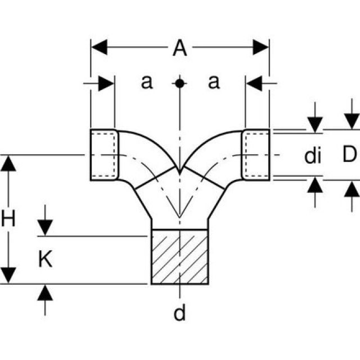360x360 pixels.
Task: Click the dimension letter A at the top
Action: [x=179, y=49]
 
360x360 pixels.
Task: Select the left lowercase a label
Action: [x=146, y=83]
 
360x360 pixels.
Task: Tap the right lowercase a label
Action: [x=213, y=83]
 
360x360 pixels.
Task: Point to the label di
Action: [x=313, y=156]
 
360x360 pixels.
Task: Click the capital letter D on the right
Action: [x=350, y=155]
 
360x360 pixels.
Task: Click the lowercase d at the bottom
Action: [x=179, y=313]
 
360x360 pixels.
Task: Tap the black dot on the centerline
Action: [x=179, y=83]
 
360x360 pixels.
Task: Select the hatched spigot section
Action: [x=180, y=256]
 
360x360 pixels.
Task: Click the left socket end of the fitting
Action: [x=104, y=155]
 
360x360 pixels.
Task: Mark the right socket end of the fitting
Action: [x=256, y=155]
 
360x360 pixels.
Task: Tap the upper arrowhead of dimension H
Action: [x=8, y=163]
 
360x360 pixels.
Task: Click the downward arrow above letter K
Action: [x=45, y=228]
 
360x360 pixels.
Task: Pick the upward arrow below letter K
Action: [x=45, y=292]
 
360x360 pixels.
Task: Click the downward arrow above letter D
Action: [x=352, y=121]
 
